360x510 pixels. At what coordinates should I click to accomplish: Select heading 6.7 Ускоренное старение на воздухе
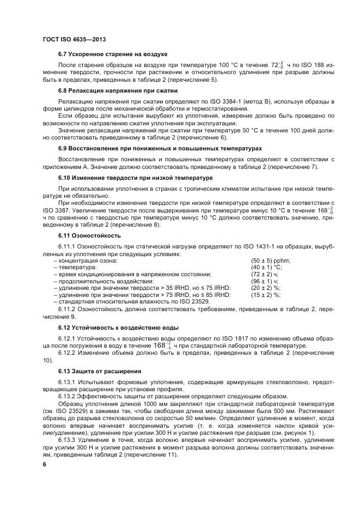coord(113,54)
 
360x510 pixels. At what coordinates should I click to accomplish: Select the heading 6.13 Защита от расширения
coord(100,371)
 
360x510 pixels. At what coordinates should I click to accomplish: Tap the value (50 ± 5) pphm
coord(271,260)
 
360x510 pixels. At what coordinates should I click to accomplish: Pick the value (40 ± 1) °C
coord(266,268)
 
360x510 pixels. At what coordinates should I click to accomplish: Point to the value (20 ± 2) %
coord(265,288)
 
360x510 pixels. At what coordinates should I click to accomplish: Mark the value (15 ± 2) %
coord(265,295)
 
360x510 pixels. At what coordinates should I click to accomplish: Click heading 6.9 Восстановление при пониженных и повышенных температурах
coord(160,148)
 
